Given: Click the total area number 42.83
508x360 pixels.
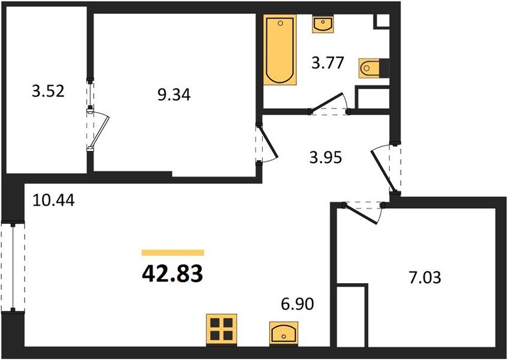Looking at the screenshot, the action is click(x=172, y=274).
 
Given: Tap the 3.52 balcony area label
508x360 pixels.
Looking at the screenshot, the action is click(x=48, y=91).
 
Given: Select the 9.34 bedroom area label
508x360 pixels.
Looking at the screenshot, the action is click(x=174, y=95).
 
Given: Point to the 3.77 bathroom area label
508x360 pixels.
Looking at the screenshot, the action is click(x=327, y=62).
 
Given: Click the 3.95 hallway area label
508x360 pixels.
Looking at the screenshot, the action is click(x=326, y=158).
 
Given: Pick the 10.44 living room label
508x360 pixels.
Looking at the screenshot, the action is click(x=54, y=200).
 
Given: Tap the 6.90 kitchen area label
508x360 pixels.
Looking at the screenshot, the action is click(x=297, y=304).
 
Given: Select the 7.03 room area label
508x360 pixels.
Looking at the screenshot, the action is click(x=425, y=278).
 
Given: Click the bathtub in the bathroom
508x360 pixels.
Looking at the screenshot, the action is click(x=280, y=50).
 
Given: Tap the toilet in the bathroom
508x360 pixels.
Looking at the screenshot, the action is click(x=370, y=68).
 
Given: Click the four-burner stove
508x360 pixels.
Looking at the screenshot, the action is click(x=222, y=329).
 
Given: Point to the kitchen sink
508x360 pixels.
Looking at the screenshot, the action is click(x=284, y=333).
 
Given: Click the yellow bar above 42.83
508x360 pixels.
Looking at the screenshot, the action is click(x=173, y=253).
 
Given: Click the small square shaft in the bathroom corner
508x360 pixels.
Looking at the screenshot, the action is click(x=381, y=22).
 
